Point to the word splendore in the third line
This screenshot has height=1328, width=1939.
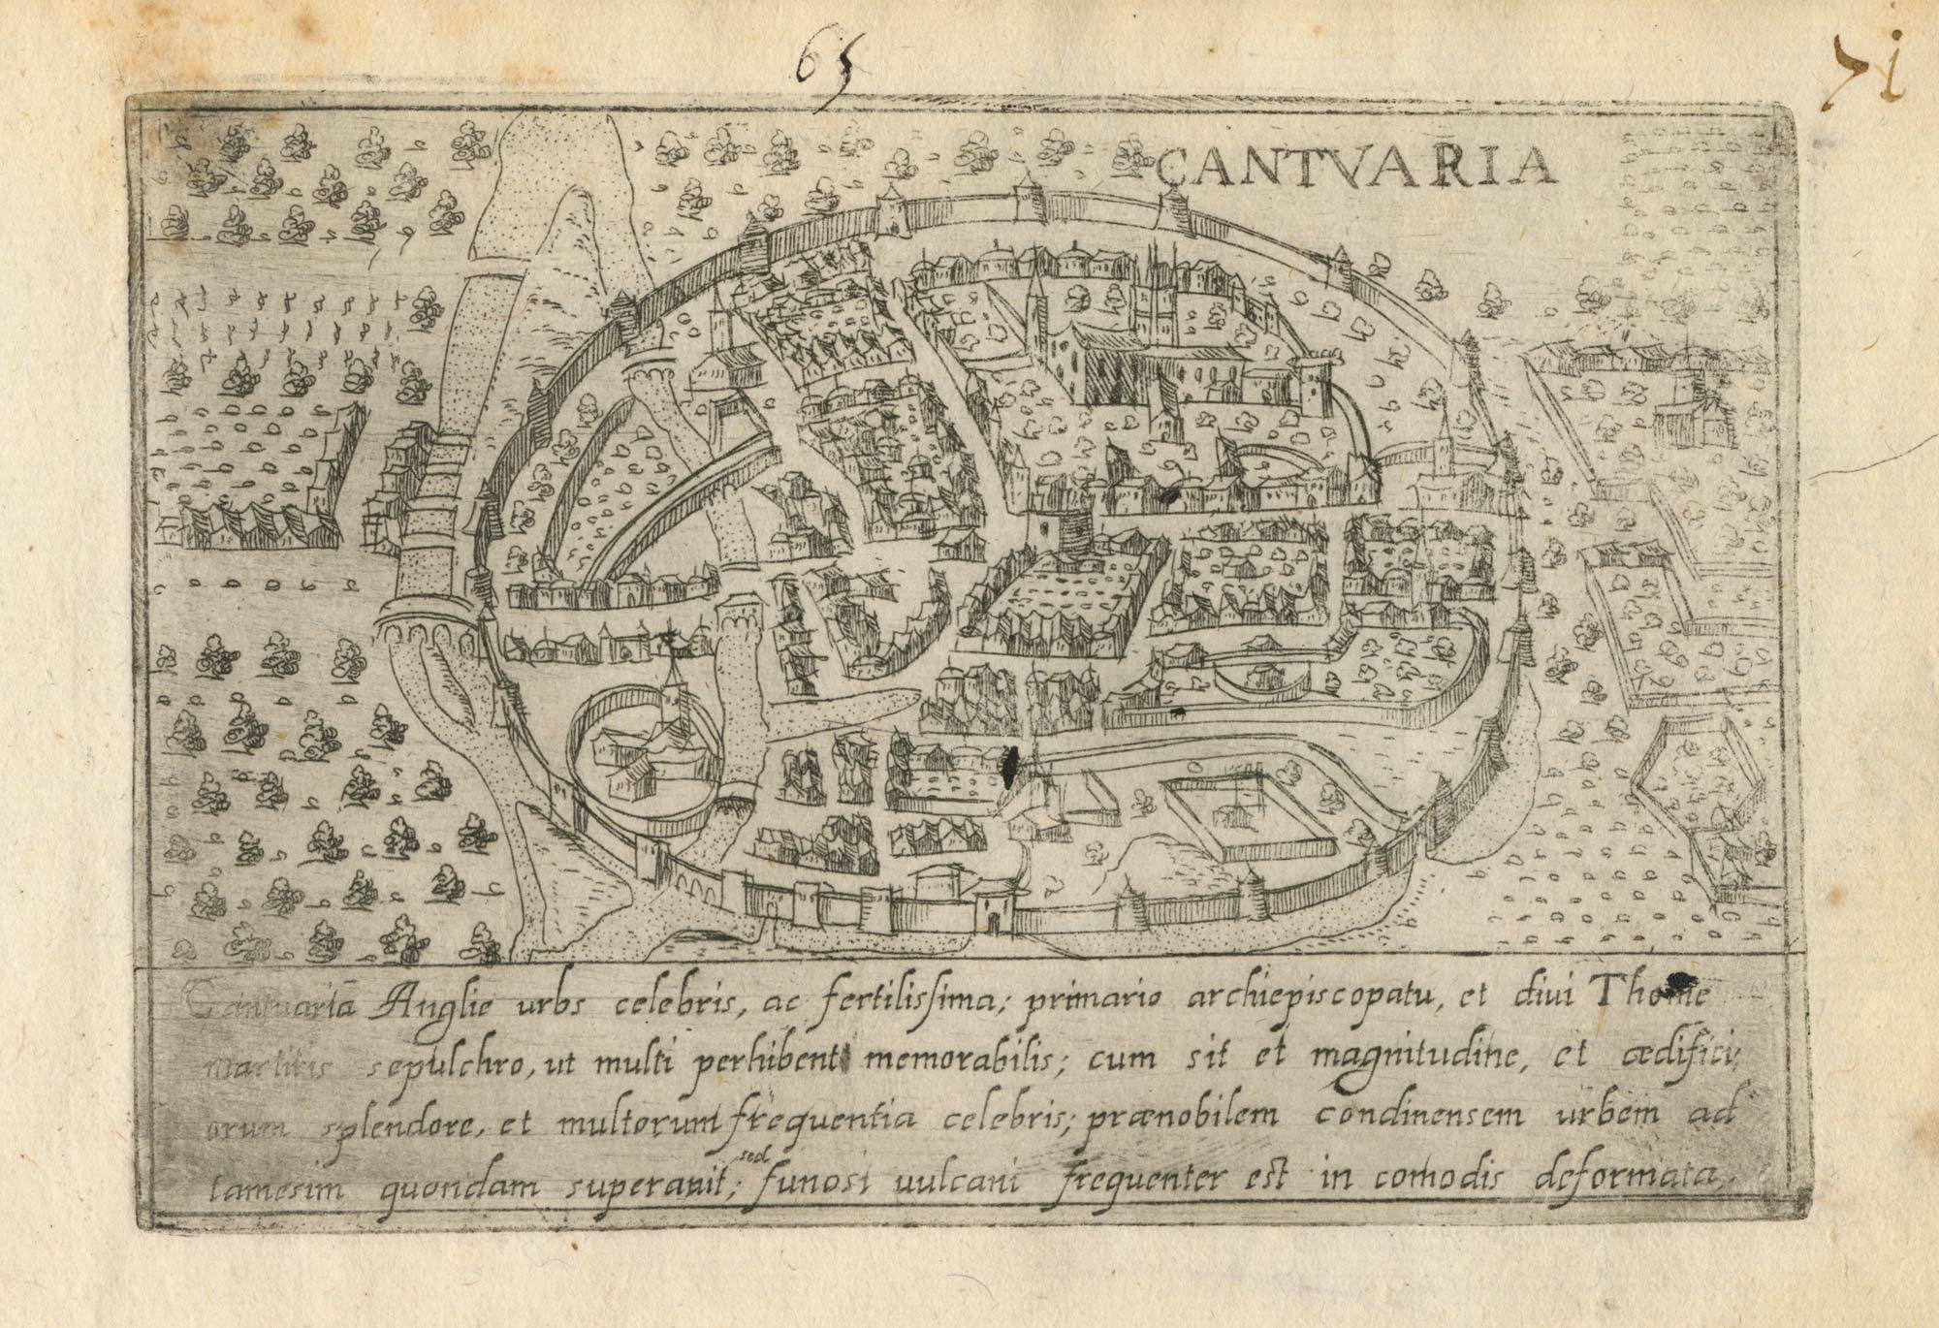[x=397, y=1124]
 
